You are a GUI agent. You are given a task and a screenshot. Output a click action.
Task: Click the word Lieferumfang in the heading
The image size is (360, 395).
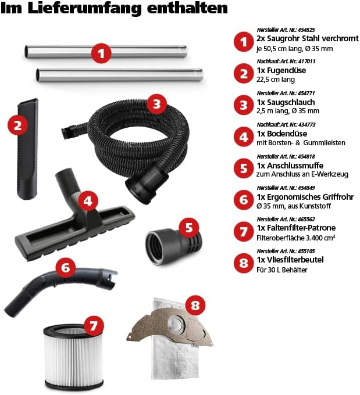coord(85,8)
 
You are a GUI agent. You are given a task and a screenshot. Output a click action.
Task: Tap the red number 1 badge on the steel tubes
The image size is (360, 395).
coord(101,53)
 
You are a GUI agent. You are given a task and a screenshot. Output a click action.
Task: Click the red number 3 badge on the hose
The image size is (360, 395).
coord(156,104)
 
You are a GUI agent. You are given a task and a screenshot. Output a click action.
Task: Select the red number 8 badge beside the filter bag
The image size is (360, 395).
coord(195,306)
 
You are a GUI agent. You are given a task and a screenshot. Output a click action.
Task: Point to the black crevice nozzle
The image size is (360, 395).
coord(28,149)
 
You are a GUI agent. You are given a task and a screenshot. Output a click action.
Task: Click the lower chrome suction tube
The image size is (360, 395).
coord(120,75)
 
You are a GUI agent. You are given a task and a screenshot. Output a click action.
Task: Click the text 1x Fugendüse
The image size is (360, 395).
coord(281,70)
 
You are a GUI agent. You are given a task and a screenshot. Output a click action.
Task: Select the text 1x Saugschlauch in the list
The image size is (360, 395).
coord(286,102)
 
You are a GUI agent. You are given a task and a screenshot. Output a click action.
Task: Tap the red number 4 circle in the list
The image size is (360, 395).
coord(244,137)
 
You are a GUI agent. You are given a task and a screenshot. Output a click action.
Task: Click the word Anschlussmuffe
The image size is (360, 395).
coord(295,166)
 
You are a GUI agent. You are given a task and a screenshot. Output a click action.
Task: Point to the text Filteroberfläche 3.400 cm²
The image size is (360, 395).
coord(296,238)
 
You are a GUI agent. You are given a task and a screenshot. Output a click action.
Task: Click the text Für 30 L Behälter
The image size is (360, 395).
coord(282,270)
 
